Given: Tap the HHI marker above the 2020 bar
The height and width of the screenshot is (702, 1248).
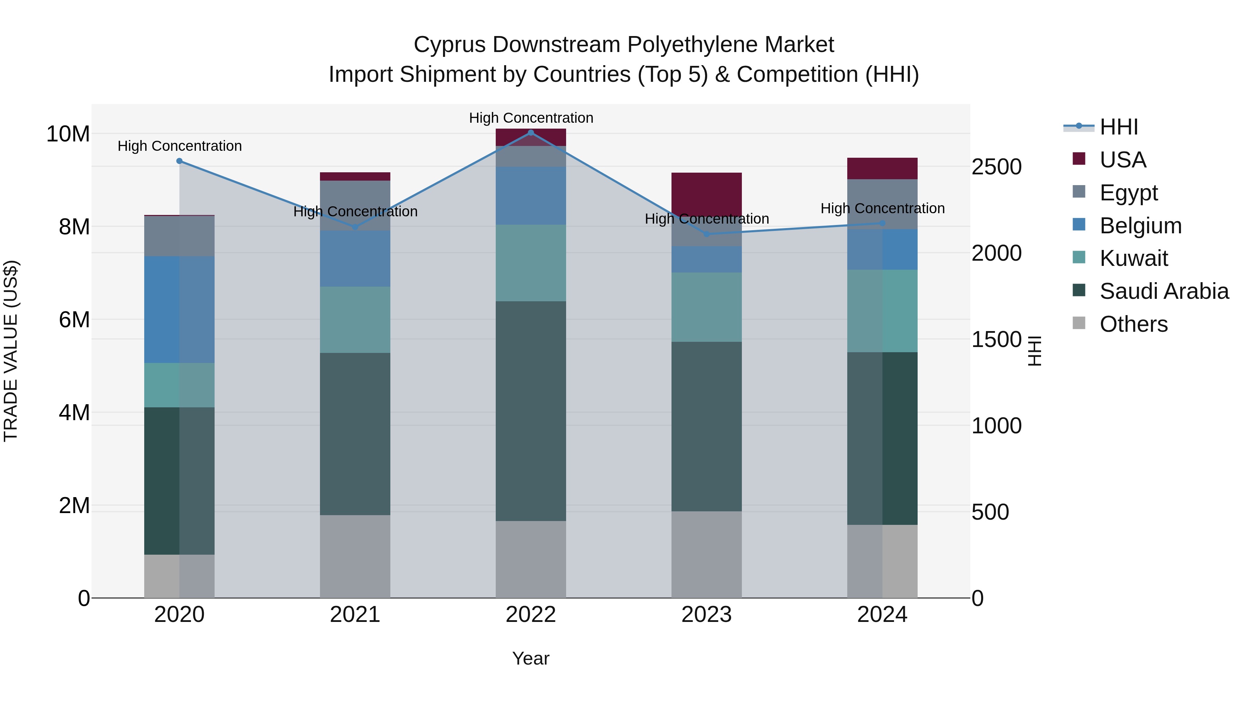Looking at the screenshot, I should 179,161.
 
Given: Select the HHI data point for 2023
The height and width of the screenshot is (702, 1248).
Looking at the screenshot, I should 707,234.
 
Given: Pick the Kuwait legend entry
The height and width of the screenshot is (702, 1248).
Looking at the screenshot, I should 1133,258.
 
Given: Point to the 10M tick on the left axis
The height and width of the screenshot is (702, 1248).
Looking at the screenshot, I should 68,134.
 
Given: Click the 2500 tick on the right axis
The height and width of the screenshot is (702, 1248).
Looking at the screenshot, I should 997,167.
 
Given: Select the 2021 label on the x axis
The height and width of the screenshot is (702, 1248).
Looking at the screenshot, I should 355,615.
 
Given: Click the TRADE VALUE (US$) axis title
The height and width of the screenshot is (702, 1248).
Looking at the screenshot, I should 11,351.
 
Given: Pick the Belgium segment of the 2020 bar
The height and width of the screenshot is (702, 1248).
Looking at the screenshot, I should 179,309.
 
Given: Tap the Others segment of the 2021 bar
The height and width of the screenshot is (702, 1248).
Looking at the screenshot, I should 355,556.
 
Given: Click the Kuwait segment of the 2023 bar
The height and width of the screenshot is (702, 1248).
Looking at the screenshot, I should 707,307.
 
